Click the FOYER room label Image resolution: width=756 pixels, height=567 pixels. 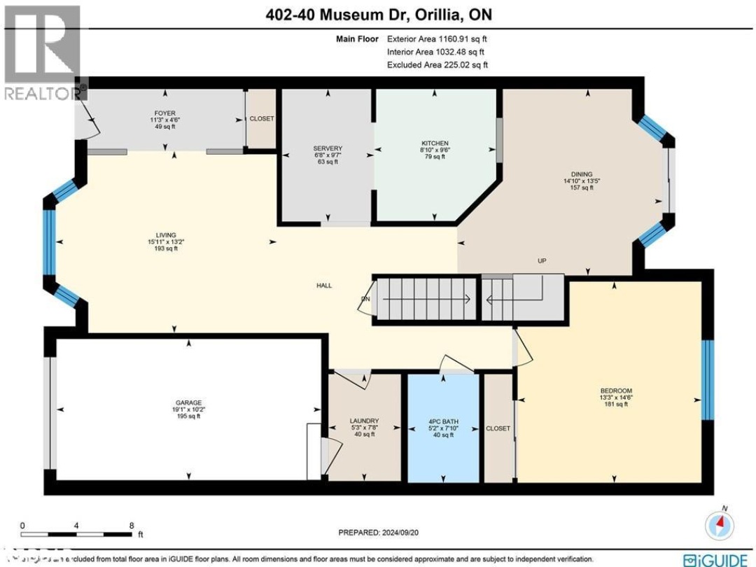165,113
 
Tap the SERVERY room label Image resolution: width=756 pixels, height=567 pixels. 328,148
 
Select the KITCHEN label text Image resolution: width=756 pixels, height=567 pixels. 435,143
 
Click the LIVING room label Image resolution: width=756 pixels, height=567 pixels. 166,235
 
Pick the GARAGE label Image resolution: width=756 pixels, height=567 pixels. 188,402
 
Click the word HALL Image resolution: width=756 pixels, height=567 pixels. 323,286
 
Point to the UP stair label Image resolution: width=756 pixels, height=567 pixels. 542,261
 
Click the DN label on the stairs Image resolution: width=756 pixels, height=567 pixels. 365,300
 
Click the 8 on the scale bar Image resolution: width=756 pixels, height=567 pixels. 132,525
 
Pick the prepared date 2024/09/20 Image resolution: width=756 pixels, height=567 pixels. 379,532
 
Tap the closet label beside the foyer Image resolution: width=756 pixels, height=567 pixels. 262,119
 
